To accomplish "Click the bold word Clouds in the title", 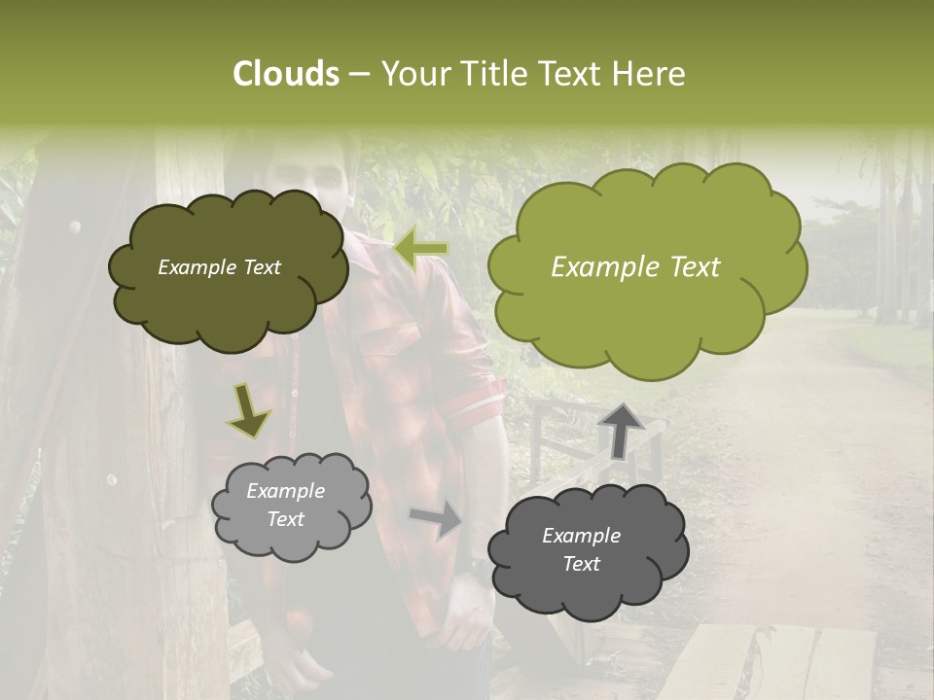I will (x=285, y=74).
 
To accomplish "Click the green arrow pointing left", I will (x=420, y=249).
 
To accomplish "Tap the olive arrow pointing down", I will (x=249, y=412).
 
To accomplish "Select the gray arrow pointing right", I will (x=436, y=519).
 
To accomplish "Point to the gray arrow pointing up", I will (x=621, y=429).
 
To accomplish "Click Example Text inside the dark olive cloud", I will (x=219, y=267).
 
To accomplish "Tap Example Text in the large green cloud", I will (x=635, y=267).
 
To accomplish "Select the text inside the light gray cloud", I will (x=286, y=505).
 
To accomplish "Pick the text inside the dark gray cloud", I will (x=581, y=549).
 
